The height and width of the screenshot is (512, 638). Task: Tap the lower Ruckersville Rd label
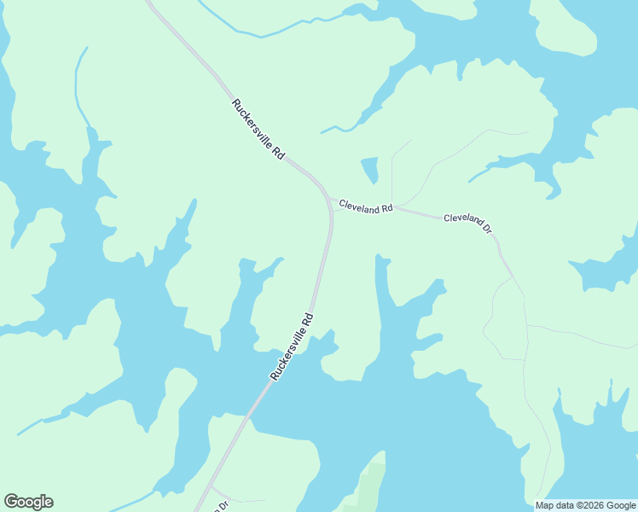293,346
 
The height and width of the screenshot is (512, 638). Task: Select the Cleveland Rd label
365,207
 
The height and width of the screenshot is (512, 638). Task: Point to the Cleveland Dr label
467,224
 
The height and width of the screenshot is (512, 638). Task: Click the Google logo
28,502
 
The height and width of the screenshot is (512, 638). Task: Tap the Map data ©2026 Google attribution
585,504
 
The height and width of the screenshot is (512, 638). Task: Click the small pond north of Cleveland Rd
370,170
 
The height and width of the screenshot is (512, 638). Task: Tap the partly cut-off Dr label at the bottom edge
223,505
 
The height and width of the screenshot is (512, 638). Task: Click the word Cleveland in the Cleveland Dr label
461,222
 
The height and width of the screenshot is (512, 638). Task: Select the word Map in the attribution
544,504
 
